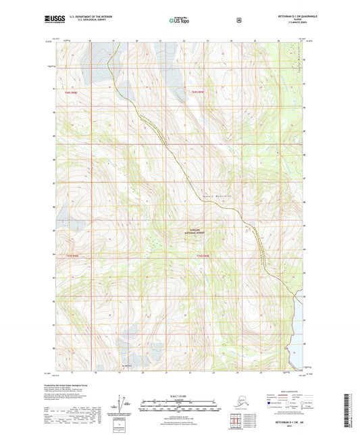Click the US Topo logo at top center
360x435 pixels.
click(179, 20)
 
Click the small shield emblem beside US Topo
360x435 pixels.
click(238, 20)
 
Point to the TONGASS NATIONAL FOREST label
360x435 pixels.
click(196, 231)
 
